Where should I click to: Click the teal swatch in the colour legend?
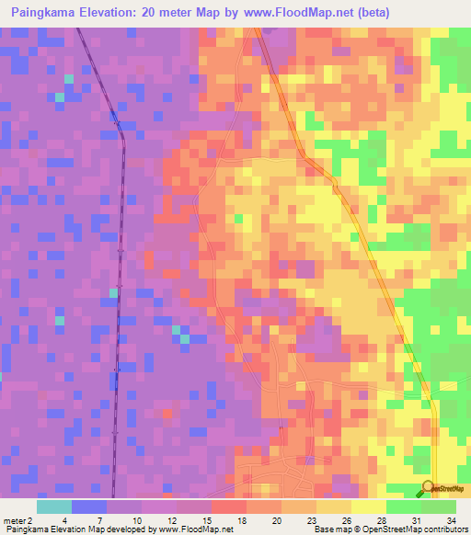54,507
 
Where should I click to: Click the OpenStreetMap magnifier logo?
428,488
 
